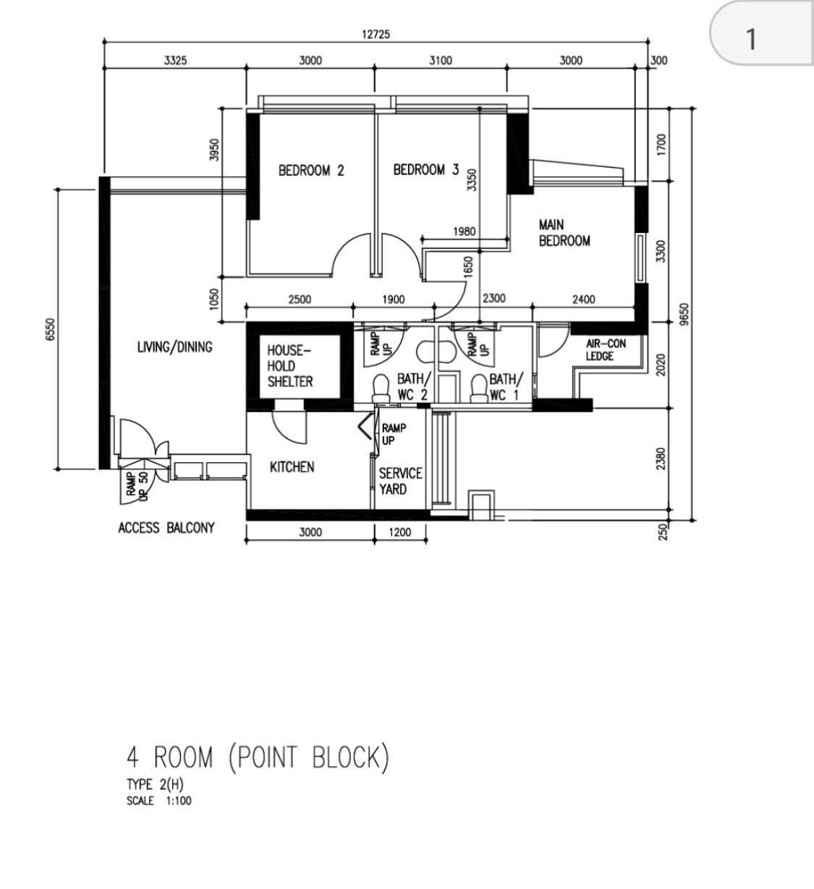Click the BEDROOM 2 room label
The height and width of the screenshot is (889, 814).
[x=311, y=171]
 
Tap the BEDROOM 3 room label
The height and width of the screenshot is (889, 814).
[x=425, y=170]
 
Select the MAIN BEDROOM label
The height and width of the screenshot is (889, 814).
[x=564, y=233]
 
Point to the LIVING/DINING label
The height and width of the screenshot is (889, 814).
[x=174, y=346]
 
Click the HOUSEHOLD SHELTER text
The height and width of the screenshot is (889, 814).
[x=290, y=366]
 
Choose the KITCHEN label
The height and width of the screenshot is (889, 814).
[x=292, y=467]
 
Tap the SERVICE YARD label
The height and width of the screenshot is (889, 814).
[x=400, y=481]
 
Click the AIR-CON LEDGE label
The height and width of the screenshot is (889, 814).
[x=606, y=350]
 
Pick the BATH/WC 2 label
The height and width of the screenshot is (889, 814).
[x=413, y=387]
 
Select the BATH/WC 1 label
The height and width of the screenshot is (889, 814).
[x=506, y=387]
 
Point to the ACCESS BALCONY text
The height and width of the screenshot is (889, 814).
[x=166, y=528]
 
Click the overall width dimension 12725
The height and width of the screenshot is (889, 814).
[x=376, y=34]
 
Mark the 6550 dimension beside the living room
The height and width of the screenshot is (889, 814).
[x=50, y=329]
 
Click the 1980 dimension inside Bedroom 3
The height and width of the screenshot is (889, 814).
[x=465, y=231]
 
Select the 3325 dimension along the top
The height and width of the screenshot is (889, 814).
[x=176, y=60]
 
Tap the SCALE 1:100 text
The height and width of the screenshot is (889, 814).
[x=159, y=801]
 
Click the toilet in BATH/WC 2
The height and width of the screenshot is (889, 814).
[x=381, y=388]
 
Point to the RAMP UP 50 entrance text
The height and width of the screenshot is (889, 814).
[x=136, y=485]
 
